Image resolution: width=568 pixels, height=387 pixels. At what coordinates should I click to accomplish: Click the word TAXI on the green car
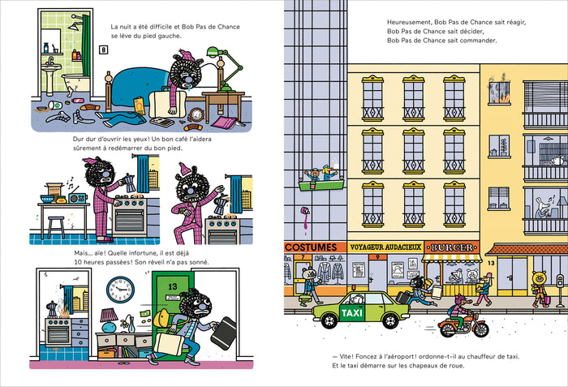pos(351,312)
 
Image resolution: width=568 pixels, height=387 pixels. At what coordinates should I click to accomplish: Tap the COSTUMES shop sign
pos(311,247)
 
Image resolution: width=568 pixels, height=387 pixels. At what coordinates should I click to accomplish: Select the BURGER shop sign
pos(452,247)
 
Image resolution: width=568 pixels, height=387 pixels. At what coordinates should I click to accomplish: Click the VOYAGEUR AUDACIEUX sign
pos(385,247)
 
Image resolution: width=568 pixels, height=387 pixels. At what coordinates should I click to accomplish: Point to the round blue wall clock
pos(120,290)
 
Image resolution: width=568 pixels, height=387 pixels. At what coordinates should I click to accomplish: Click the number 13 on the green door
pos(172,286)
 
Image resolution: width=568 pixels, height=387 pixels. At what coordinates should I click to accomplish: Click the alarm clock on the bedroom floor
pos(196,114)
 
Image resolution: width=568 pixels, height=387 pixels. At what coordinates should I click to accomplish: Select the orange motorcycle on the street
pos(463,325)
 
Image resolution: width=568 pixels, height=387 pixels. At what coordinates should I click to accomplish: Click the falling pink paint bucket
pos(305,211)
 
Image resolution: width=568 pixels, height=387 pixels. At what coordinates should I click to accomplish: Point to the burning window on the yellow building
pos(499,92)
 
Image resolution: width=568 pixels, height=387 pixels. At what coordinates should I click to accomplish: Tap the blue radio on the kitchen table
pos(77,198)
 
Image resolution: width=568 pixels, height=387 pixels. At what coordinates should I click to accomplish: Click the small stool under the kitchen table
pos(56,227)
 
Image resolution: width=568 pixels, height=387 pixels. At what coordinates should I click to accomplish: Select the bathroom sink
pos(51,68)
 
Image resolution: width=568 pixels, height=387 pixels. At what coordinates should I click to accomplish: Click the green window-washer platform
pos(321,186)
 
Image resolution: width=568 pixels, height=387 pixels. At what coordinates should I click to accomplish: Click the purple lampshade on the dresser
pos(109,315)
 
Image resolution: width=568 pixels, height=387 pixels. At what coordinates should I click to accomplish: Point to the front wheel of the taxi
pos(329,321)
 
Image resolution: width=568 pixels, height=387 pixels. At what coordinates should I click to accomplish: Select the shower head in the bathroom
pos(75,27)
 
